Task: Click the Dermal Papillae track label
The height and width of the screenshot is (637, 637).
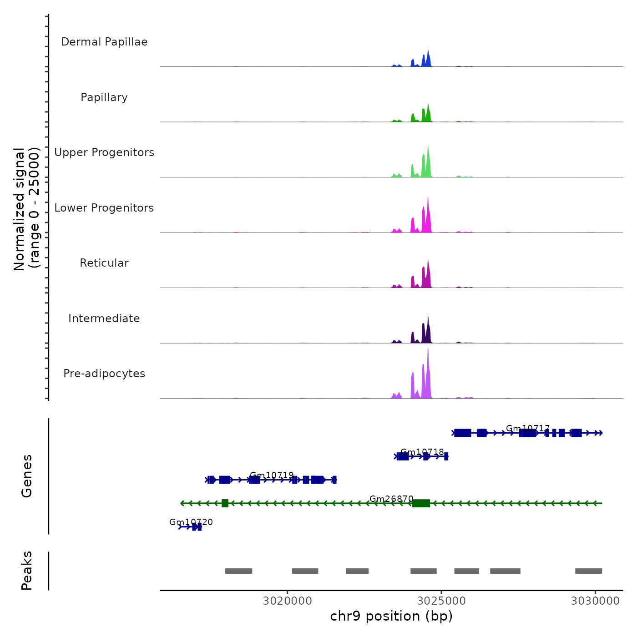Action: (104, 42)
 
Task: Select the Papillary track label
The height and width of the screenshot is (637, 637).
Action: (104, 97)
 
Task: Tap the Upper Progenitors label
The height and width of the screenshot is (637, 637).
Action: (104, 152)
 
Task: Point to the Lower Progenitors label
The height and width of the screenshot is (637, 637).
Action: (104, 208)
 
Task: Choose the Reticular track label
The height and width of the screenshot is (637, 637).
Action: (104, 263)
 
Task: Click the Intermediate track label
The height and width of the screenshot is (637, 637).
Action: (104, 318)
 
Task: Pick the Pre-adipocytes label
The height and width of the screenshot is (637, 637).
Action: (104, 374)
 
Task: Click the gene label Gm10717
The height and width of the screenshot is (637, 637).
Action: (528, 429)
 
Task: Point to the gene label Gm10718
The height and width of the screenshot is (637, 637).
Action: (422, 452)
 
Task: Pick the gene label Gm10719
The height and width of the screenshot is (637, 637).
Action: (272, 475)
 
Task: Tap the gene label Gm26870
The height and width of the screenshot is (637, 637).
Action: (391, 499)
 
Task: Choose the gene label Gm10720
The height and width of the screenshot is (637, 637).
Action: (191, 522)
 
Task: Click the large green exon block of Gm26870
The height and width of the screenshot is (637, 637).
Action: (421, 503)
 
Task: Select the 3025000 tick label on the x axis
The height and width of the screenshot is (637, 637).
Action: (441, 601)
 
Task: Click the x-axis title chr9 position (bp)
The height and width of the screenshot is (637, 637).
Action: (391, 616)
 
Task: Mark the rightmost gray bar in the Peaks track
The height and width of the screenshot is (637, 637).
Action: (588, 571)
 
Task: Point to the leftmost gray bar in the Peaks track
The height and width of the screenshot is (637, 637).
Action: (238, 571)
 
